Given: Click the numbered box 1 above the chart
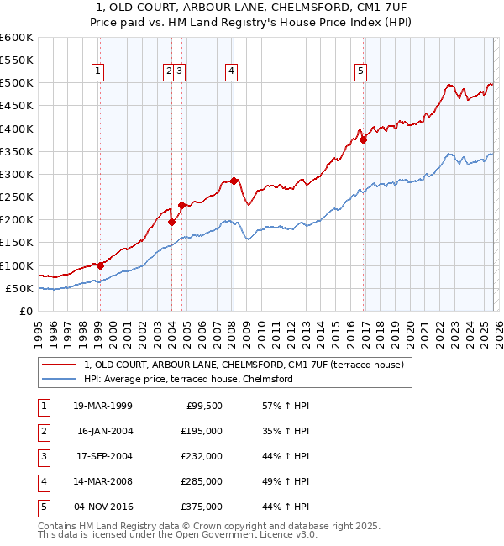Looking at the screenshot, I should click(99, 72).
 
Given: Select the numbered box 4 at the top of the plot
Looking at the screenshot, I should click(230, 72).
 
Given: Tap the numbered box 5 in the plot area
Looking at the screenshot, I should click(360, 72).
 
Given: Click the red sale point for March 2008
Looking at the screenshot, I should click(234, 181).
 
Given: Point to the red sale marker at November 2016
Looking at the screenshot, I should click(363, 140).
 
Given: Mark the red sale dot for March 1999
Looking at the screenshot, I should click(100, 265).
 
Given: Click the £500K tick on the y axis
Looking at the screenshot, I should click(17, 83).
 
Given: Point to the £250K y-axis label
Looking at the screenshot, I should click(17, 197).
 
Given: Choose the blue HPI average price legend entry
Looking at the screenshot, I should click(187, 379).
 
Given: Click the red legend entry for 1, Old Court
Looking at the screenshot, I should click(244, 365).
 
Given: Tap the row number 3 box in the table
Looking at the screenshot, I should click(41, 456).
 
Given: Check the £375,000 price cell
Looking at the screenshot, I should click(202, 507).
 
